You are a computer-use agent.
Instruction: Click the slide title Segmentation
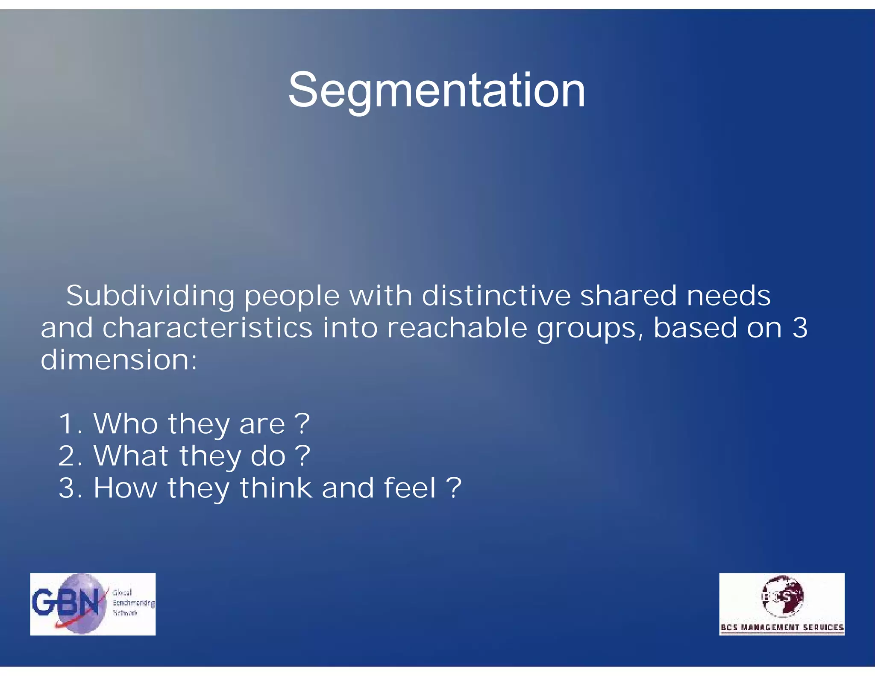pos(437,91)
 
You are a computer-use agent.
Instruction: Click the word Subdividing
pos(150,296)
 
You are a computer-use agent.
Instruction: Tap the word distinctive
pos(496,295)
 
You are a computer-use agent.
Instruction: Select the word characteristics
pos(207,328)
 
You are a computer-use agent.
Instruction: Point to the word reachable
pos(457,328)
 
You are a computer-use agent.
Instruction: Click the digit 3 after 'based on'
pos(800,328)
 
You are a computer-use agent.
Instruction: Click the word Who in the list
pos(126,424)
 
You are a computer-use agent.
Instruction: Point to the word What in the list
pos(131,456)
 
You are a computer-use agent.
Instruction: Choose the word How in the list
pos(125,488)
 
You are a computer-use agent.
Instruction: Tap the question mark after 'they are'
pos(302,424)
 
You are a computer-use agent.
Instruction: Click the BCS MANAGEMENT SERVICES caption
pos(782,627)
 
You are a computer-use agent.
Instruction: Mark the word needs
pos(729,295)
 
